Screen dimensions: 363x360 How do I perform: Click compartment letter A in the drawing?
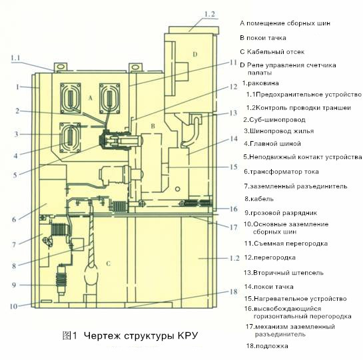(x=91, y=98)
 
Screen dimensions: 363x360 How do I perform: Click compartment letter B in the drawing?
(x=153, y=126)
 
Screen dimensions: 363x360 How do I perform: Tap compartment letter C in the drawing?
(x=108, y=264)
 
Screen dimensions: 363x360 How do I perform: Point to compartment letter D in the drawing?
(x=195, y=55)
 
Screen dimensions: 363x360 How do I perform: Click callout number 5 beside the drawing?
(x=15, y=175)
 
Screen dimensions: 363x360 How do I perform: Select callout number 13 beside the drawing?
(x=233, y=113)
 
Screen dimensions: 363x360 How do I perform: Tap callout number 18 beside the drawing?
(x=233, y=291)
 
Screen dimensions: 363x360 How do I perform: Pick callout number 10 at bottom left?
(x=13, y=306)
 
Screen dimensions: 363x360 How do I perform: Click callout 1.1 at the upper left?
(x=15, y=58)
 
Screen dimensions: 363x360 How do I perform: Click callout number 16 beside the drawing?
(x=234, y=209)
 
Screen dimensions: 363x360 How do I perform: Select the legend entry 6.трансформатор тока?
(x=281, y=172)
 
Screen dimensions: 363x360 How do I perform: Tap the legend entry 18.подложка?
(x=267, y=346)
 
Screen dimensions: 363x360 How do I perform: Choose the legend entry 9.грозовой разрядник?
(x=281, y=213)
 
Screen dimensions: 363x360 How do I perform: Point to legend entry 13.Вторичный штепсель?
(x=284, y=273)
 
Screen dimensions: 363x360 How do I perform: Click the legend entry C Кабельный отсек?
(x=272, y=52)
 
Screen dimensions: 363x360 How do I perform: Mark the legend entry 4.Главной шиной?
(x=272, y=144)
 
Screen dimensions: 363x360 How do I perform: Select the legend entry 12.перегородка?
(x=270, y=258)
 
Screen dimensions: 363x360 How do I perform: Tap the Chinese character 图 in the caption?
(x=67, y=335)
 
